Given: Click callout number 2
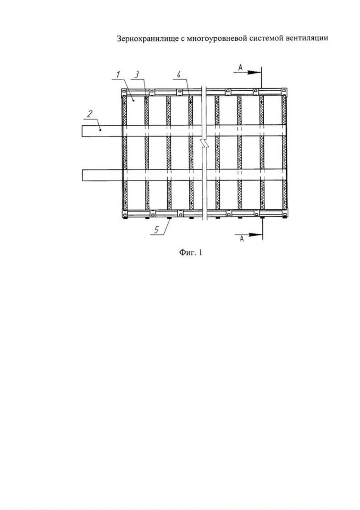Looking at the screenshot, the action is point(90,114).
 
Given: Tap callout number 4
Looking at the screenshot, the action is point(179,74).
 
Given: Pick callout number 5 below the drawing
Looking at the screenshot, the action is point(157,230).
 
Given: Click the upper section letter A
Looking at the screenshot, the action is point(241,67).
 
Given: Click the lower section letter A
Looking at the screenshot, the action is point(242,239).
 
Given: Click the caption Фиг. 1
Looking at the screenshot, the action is point(191,252).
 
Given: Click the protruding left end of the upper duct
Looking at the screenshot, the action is point(102,131).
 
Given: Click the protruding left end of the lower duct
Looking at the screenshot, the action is point(102,175).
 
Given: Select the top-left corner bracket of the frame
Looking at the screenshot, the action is point(125,92).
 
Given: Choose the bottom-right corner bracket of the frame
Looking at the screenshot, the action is point(284,214).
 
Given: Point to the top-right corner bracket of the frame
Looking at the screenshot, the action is point(284,92).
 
